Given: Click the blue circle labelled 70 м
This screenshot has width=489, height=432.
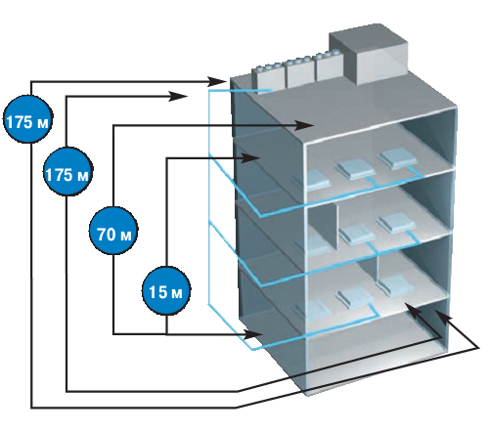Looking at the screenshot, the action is pos(113,231).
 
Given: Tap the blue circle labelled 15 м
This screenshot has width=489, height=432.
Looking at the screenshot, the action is pos(166,291).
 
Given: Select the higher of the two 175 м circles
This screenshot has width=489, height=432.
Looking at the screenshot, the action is pos(28,119).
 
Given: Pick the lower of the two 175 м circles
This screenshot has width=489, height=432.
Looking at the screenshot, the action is pos(67,172).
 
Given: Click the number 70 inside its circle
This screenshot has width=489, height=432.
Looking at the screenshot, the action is pos(106,235).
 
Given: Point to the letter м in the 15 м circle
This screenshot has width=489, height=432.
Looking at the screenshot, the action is pos(176,294).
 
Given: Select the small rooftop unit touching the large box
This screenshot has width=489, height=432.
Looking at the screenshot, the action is pos(330,66).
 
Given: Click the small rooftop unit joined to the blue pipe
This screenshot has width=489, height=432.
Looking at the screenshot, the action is pos(270,79).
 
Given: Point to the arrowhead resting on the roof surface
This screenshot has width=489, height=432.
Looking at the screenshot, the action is pos(304,125).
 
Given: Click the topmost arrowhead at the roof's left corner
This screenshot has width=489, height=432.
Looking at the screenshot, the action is pos(216,80).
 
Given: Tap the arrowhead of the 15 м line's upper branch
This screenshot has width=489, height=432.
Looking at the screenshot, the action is pos(250,158).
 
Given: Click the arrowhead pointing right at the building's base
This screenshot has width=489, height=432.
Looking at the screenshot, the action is pos(253,334).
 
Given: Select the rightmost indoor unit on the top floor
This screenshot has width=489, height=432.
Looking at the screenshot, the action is pos(397,158).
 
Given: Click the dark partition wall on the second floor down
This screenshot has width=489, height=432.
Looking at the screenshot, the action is pos(322,227).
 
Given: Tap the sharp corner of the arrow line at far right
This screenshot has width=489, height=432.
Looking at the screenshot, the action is pos(479,348).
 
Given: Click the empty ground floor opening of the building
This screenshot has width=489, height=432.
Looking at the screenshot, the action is pos(375,352).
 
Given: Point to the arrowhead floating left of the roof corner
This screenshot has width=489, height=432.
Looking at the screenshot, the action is pos(178,96).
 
